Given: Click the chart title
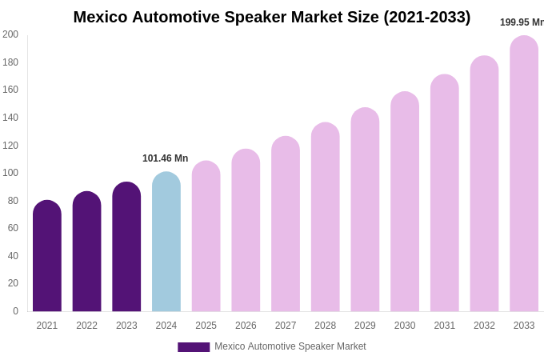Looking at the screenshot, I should point(272,17).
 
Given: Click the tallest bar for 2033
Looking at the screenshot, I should point(524,174).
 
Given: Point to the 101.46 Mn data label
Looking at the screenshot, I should point(166,158).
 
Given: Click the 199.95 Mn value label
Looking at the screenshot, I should point(522,22).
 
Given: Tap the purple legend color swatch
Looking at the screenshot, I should point(194,347).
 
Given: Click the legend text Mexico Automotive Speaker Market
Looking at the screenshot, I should point(290,346).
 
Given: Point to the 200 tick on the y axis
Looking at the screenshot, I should point(10,34).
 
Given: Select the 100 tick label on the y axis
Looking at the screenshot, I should point(10,173).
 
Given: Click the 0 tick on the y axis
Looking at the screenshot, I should point(15,311).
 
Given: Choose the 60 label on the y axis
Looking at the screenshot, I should point(13,228).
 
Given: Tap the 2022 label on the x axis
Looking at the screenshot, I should point(86,326).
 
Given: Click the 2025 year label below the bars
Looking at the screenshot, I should point(206,326).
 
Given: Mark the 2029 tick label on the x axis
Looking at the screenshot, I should point(365,326).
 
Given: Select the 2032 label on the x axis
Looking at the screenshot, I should point(484,326).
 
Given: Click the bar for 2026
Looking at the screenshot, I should point(246,230).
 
